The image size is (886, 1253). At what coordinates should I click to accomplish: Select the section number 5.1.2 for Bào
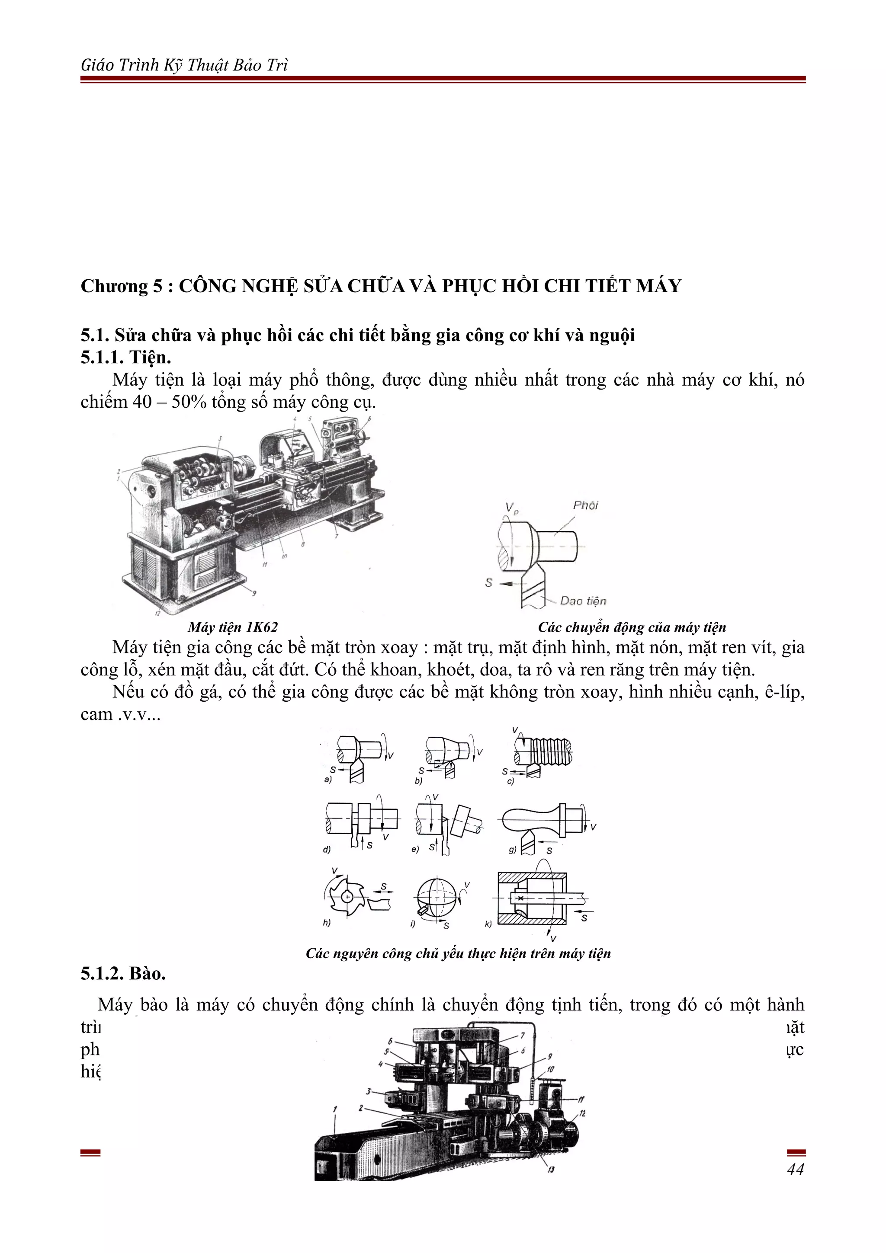[x=103, y=973]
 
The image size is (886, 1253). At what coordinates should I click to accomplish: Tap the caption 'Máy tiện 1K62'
[x=233, y=627]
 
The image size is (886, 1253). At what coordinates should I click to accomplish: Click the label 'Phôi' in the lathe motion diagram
[x=585, y=505]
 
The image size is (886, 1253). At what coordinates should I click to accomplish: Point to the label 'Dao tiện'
[x=583, y=601]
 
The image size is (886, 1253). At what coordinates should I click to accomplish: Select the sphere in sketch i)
[x=435, y=895]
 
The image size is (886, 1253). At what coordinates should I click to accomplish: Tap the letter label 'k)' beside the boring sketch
[x=488, y=924]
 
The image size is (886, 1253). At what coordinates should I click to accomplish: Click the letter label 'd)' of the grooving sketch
[x=327, y=850]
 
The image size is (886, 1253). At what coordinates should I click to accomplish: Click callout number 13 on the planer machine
[x=551, y=1170]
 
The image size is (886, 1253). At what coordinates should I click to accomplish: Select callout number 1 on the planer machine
[x=335, y=1109]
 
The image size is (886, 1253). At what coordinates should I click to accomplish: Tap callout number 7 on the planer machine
[x=523, y=1035]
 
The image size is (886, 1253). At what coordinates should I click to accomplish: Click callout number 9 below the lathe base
[x=254, y=593]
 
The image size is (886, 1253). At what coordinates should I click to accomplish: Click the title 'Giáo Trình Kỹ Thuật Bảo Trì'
[x=184, y=65]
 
